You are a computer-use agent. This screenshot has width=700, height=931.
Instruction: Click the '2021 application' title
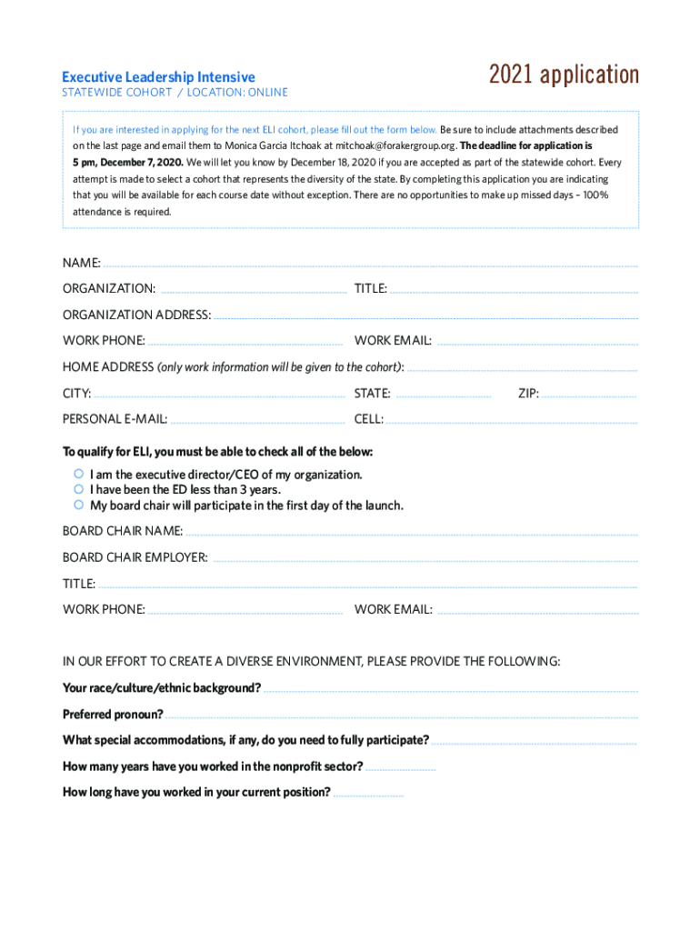pos(564,75)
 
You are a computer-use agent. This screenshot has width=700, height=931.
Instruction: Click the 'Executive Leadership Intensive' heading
pos(158,77)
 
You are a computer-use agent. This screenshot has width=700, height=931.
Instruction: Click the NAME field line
pos(369,265)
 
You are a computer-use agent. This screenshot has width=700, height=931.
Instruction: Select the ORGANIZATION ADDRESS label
pos(136,315)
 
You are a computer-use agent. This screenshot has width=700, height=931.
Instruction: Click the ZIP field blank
pos(589,396)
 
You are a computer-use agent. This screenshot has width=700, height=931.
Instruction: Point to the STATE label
pos(372,394)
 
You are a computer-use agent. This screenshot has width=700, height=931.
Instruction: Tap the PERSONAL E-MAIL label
pos(115,419)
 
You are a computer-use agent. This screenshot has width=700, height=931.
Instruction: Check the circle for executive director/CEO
pos(79,475)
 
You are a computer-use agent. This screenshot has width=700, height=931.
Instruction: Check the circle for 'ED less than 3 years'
pos(79,489)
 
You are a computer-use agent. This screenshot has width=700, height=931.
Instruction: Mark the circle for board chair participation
pos(79,505)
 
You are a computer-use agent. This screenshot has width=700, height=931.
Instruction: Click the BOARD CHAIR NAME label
pos(123,531)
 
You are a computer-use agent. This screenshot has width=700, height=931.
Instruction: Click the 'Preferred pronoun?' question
pos(113,714)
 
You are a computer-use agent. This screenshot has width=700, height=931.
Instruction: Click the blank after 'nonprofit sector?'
pos(401,769)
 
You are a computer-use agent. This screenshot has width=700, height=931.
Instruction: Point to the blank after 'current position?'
pos(368,795)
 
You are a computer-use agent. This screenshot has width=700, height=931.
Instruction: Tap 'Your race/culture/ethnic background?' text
pos(162,688)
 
